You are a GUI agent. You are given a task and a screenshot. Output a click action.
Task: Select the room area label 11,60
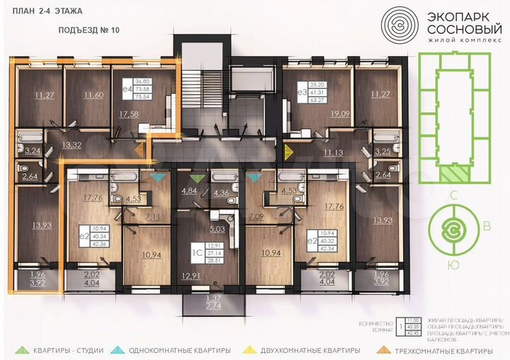tap(93, 95)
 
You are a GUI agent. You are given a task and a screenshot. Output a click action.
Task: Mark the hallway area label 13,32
tap(71, 145)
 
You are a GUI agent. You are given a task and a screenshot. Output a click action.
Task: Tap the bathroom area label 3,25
tap(382, 151)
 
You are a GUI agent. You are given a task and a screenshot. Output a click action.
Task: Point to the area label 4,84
tap(189, 190)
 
